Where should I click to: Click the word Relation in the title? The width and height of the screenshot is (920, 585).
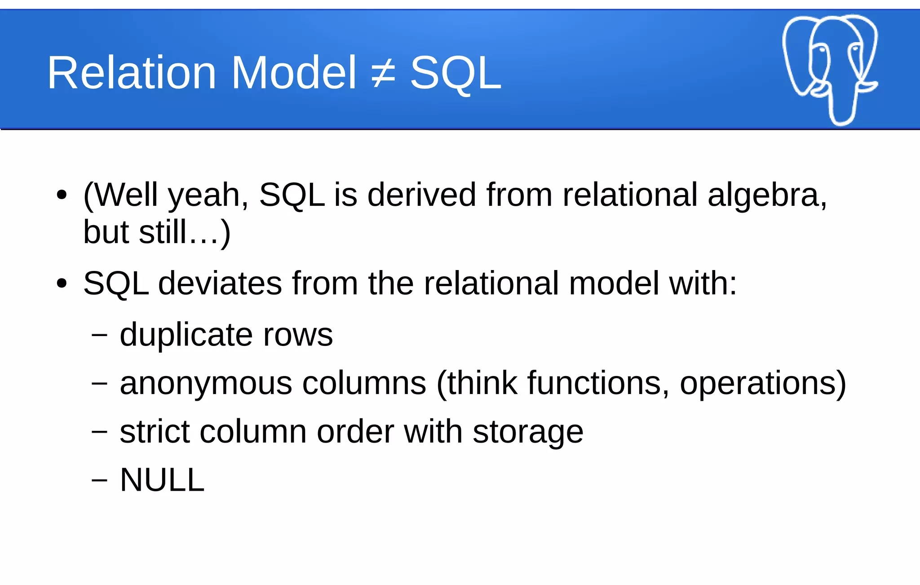tap(132, 73)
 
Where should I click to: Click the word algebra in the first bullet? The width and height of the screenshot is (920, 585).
tap(766, 195)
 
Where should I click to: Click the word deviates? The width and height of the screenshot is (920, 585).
tap(220, 284)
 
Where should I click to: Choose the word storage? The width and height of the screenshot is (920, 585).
tap(528, 433)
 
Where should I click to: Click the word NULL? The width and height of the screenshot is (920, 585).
tap(162, 480)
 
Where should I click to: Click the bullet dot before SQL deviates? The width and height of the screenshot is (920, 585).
tap(62, 284)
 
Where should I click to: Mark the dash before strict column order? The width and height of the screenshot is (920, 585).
tap(99, 432)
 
